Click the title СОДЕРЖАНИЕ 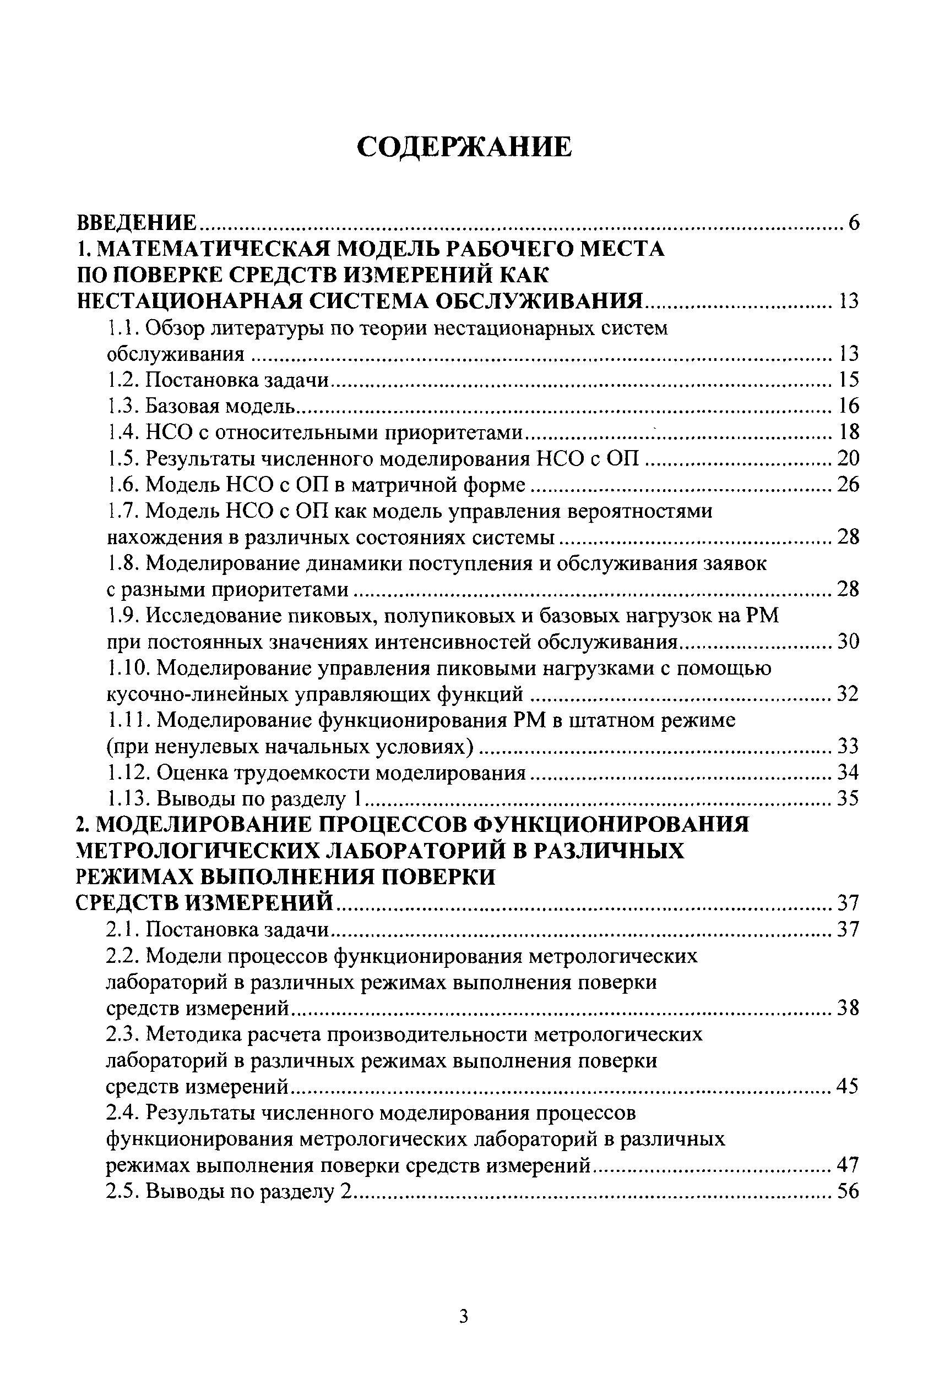point(464,147)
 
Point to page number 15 point(848,380)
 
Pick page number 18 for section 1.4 point(848,432)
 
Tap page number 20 point(848,458)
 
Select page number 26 point(848,485)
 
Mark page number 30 point(848,642)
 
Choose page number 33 point(848,747)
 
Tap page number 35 point(848,799)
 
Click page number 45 point(848,1087)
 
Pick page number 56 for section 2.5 point(848,1191)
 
